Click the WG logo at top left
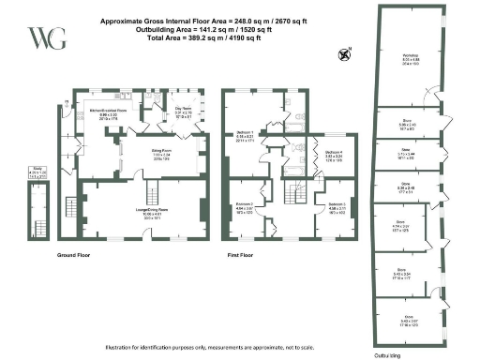click(x=40, y=38)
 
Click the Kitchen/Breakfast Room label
click(x=109, y=112)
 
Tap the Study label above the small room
click(x=37, y=172)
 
